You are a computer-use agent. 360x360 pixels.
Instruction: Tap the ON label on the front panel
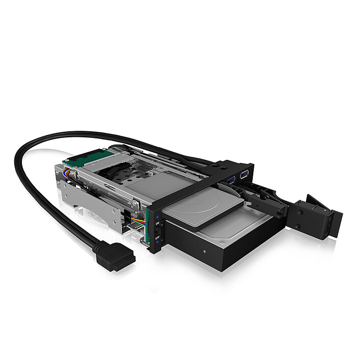157,223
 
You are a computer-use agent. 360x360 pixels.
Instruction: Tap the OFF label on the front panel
157,238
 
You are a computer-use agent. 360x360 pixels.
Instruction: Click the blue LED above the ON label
158,217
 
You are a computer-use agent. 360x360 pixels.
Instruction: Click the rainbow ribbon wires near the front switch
137,220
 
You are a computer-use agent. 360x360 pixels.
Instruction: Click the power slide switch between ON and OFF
157,230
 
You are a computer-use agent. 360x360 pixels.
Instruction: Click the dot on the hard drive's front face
204,251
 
